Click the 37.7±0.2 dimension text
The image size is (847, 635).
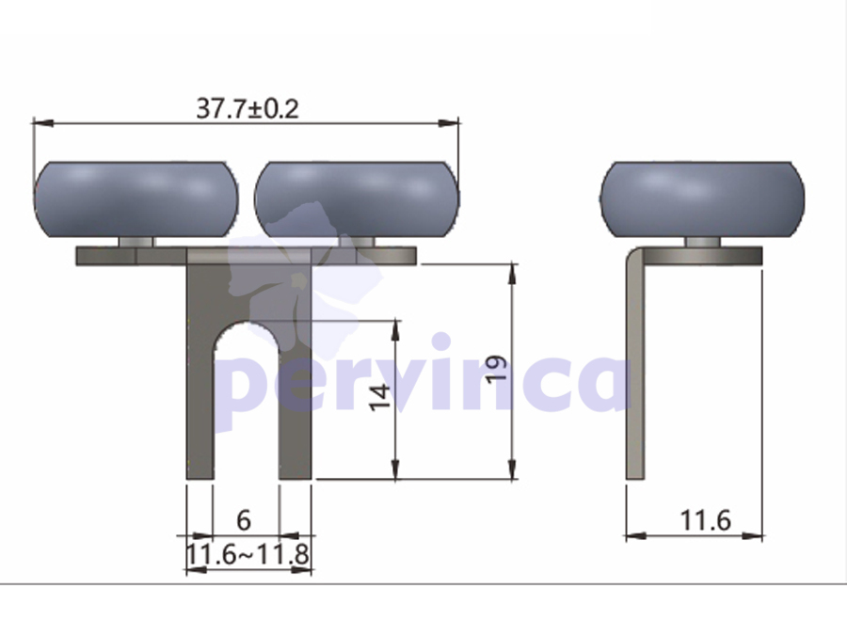pos(247,108)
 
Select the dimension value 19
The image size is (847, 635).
pos(496,369)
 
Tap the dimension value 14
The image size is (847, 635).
pos(380,397)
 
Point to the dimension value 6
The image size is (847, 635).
pos(244,520)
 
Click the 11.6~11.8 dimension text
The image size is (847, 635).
pos(248,554)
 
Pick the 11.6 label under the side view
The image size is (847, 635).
pos(706,521)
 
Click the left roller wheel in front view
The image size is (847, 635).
pos(136,199)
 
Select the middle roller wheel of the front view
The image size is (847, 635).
pos(357,199)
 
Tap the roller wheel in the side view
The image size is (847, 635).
pos(702,199)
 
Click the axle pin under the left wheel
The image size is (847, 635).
pos(136,242)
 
